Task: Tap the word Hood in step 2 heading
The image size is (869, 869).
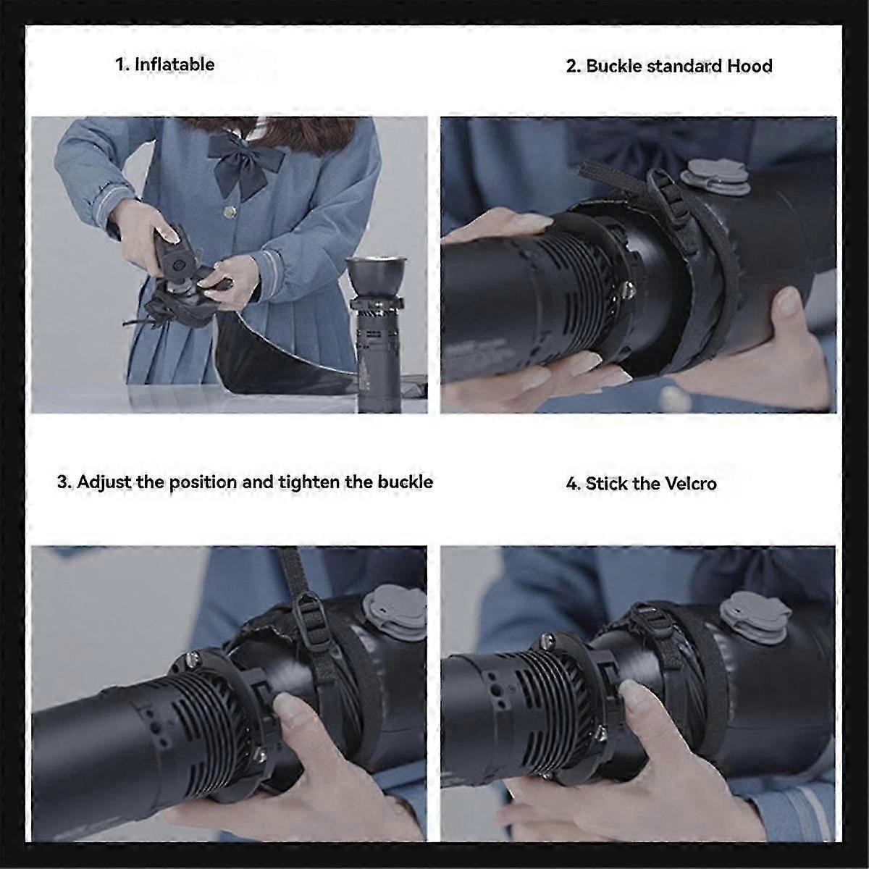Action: (750, 66)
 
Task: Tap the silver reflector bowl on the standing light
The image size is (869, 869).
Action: (375, 277)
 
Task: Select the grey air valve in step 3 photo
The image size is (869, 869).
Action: (392, 607)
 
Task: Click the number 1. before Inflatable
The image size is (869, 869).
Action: (123, 64)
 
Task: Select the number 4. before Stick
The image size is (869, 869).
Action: (573, 484)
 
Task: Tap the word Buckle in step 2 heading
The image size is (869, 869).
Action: (613, 66)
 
